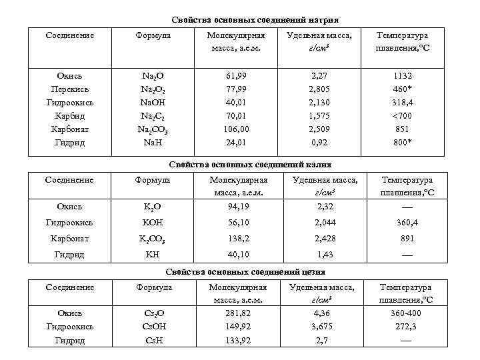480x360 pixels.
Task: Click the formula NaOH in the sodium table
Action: tap(153, 102)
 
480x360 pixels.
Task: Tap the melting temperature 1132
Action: tap(402, 75)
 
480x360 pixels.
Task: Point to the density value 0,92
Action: tap(319, 142)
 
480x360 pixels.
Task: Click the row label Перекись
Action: tap(69, 89)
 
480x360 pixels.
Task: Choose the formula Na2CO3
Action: tap(154, 129)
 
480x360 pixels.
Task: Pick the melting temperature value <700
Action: tap(402, 115)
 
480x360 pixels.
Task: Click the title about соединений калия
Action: tap(250, 164)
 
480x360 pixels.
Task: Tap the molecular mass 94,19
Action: tap(237, 206)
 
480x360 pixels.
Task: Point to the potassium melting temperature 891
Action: tap(407, 238)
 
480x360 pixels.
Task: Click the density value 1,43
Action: tap(324, 254)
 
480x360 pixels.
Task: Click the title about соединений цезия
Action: tap(245, 272)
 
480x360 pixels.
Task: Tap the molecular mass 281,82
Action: tap(237, 313)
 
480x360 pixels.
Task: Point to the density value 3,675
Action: tap(321, 327)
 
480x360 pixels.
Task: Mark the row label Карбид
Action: tap(69, 115)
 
